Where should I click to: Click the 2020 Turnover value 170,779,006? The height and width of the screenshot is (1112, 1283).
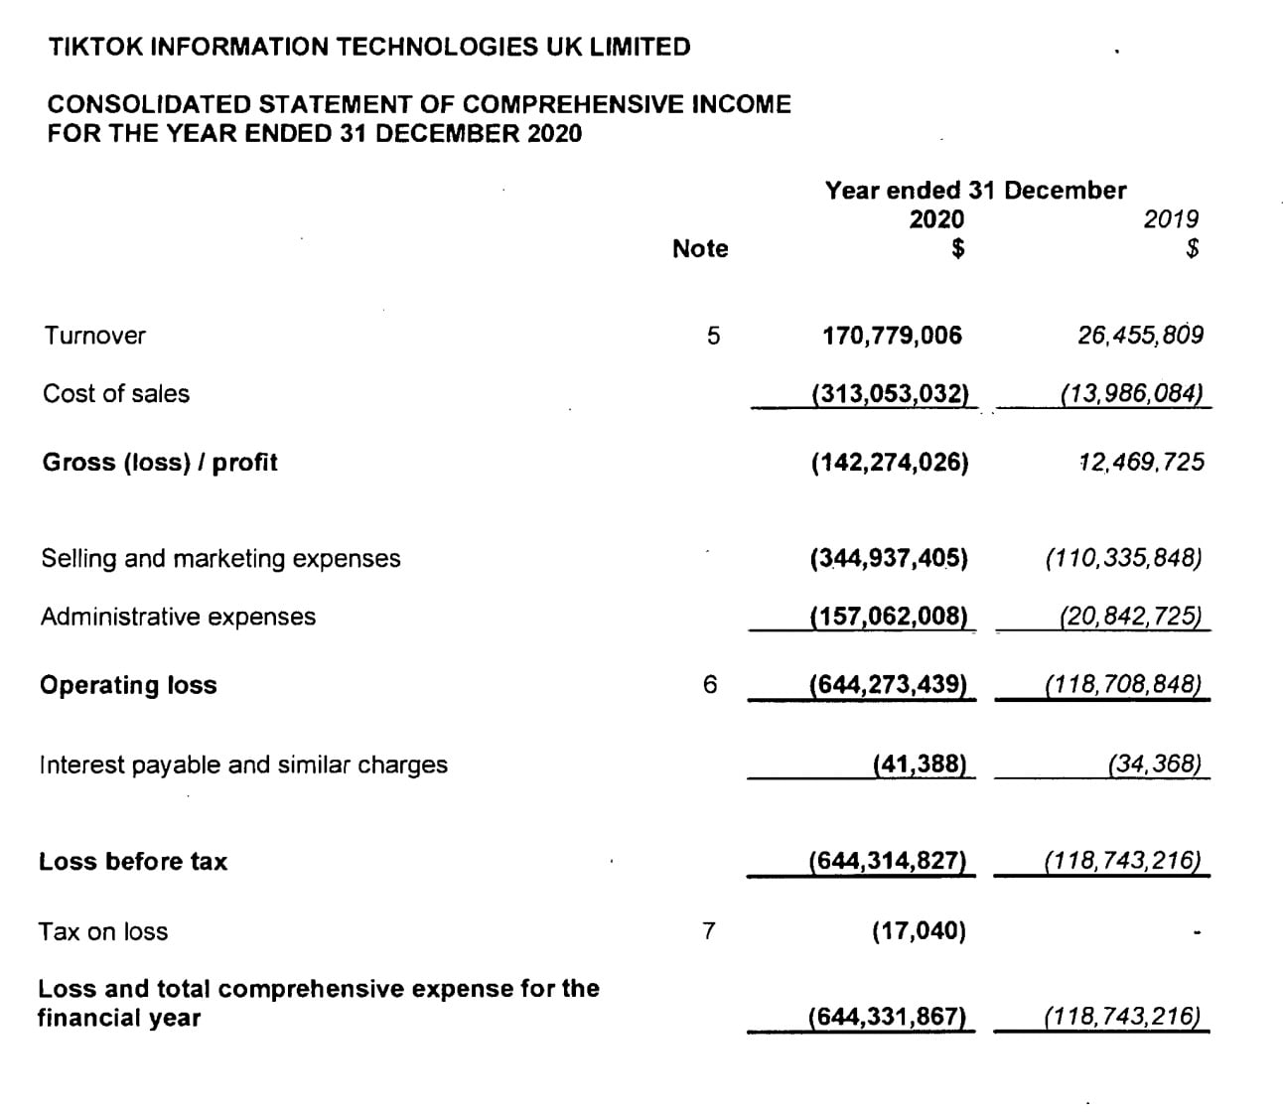pos(892,336)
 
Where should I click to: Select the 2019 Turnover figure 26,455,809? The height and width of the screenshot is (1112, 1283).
pos(1140,335)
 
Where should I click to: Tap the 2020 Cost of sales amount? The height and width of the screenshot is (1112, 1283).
pos(890,393)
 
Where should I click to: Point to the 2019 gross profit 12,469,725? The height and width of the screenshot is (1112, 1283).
pos(1141,462)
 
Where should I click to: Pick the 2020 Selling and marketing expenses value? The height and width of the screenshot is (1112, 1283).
pos(889,558)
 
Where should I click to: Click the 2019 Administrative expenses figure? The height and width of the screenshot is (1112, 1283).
pos(1130,617)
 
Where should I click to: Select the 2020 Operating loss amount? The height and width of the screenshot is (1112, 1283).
pos(888,684)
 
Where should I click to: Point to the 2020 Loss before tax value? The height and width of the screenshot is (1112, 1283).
pos(888,861)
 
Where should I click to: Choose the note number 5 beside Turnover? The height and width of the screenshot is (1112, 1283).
pos(713,336)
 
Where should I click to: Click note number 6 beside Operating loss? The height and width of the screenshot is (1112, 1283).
pos(709,685)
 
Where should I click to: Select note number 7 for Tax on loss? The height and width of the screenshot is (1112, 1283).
pos(708,931)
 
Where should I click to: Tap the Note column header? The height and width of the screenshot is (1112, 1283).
pos(700,249)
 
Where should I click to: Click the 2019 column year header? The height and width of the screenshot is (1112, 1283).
pos(1171,219)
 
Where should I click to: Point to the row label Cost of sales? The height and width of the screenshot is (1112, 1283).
pos(116,394)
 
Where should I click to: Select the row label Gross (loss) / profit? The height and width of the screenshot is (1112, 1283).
pos(160,463)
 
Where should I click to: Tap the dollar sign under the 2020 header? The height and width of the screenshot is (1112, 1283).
pos(957,249)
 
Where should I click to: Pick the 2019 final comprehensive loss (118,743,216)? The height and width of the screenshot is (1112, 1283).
pos(1122,1017)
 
